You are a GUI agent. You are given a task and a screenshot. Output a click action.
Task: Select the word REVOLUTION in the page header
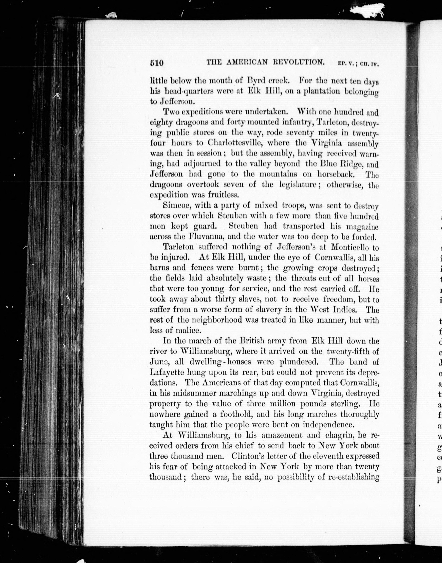click(x=299, y=62)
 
